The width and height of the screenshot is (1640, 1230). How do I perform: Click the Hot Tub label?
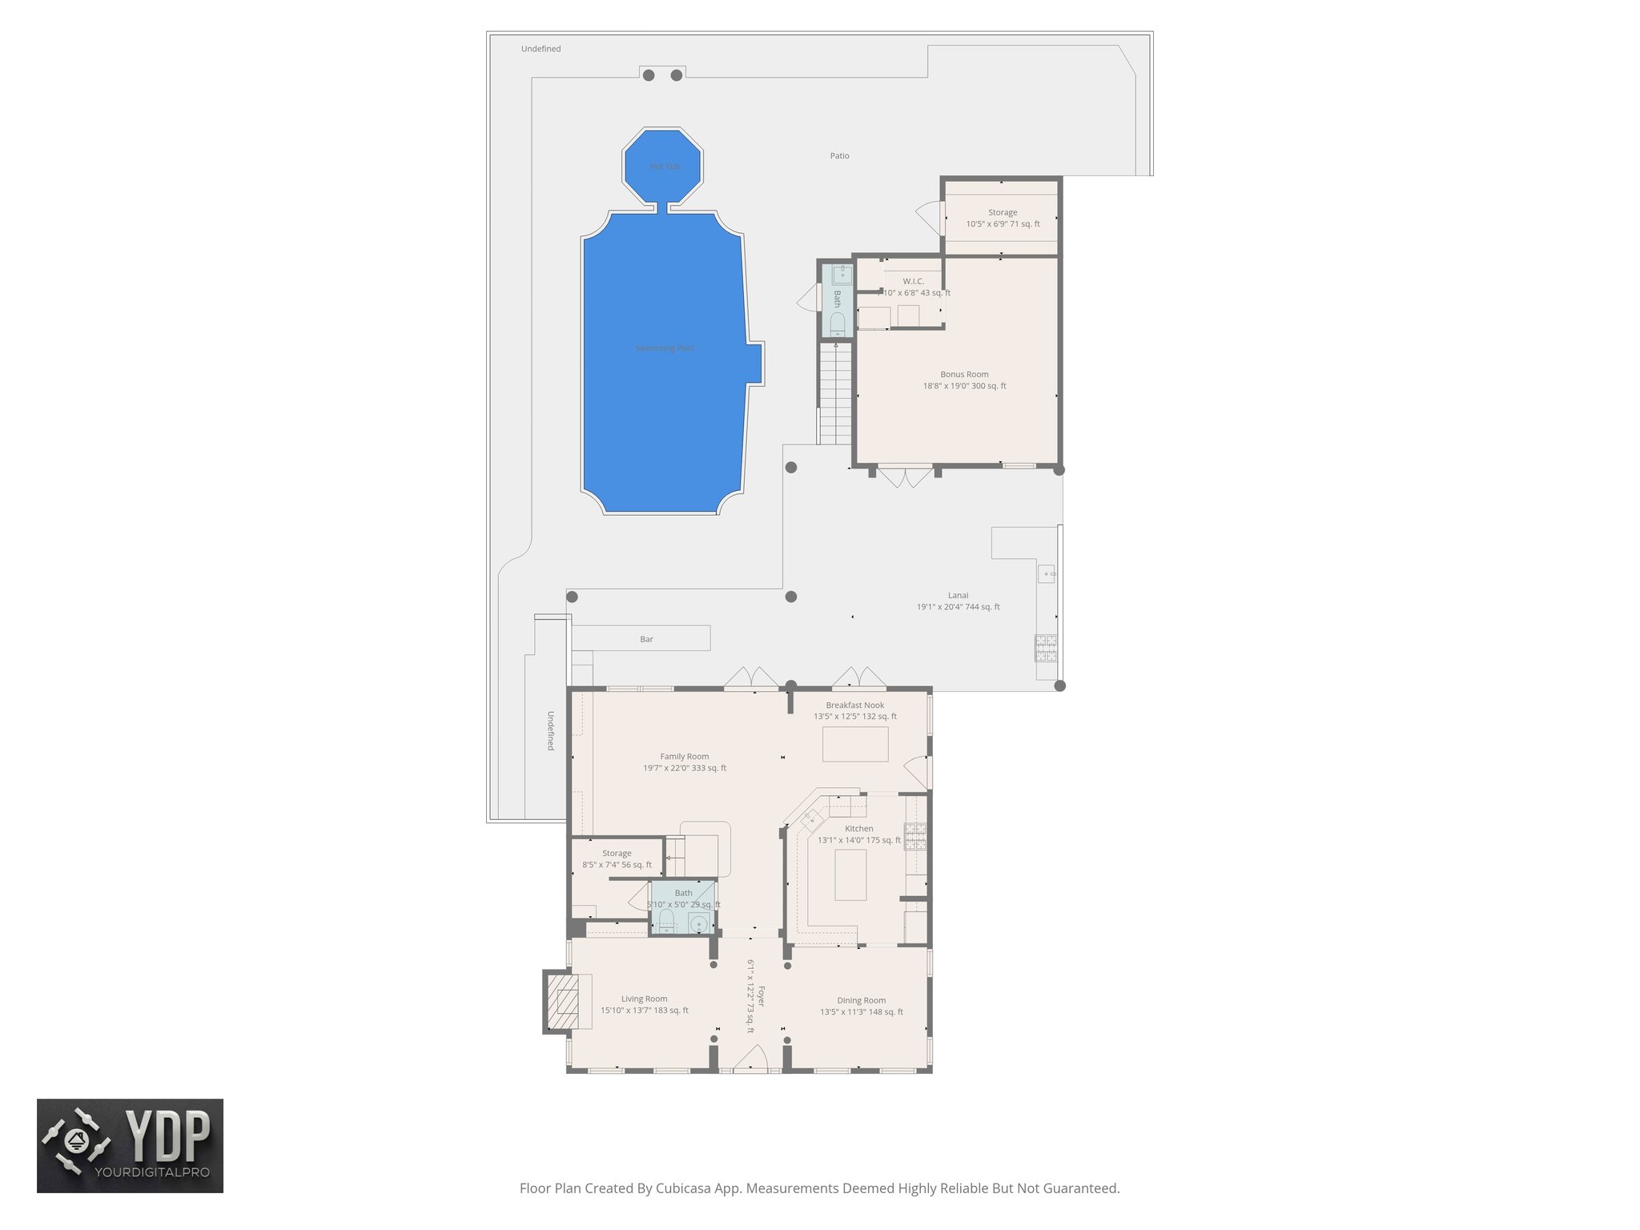click(665, 167)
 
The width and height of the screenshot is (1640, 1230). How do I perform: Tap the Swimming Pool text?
click(665, 348)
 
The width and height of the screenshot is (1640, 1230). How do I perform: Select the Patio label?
click(839, 156)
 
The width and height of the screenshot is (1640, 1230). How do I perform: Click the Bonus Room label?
click(964, 375)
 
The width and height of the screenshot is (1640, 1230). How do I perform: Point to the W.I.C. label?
click(914, 282)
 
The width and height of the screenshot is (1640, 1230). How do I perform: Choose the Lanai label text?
click(958, 596)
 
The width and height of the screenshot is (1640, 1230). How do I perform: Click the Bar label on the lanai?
click(646, 640)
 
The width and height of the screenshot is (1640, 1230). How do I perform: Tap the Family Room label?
click(685, 757)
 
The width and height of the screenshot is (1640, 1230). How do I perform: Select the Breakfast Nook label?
click(855, 705)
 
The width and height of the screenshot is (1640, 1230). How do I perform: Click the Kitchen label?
click(858, 829)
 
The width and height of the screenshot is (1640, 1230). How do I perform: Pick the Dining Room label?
click(861, 1001)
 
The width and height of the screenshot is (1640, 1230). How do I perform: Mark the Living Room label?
click(644, 999)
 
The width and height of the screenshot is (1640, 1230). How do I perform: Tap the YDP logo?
click(130, 1145)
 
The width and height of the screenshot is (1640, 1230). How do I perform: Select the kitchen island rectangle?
click(850, 874)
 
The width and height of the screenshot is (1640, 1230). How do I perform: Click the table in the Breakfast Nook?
click(855, 744)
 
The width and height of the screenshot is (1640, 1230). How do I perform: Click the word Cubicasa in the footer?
click(685, 1188)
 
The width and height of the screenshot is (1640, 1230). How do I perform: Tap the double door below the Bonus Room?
click(905, 478)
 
